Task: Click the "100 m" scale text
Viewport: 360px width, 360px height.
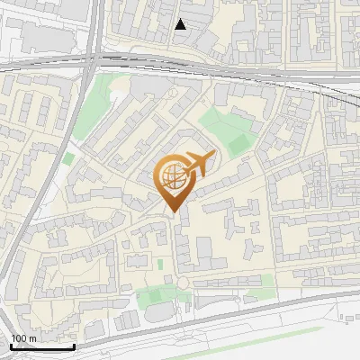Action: click(23, 338)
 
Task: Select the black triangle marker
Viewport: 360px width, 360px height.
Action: click(181, 24)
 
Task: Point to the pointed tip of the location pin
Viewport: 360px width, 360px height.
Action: click(173, 212)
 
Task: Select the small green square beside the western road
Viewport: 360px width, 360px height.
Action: click(68, 159)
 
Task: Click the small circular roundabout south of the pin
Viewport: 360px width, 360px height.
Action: click(184, 284)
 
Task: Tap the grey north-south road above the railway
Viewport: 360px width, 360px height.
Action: click(94, 27)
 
